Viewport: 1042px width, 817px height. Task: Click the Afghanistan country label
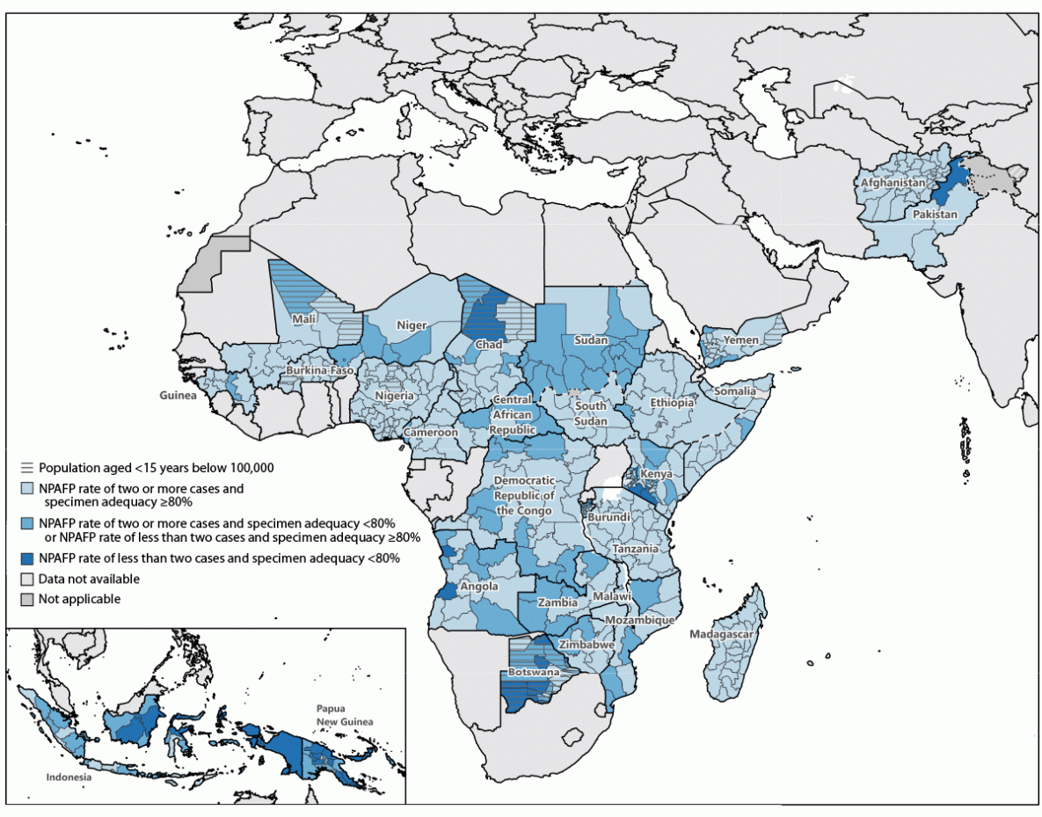[893, 183]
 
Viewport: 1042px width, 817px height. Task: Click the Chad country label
[489, 345]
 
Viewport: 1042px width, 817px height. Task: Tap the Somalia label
[734, 390]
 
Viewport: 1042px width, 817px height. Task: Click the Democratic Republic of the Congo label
[525, 495]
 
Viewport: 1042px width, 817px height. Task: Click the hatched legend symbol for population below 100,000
[28, 468]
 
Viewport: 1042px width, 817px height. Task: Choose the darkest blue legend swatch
[28, 558]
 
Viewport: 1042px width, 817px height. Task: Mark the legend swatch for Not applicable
[28, 599]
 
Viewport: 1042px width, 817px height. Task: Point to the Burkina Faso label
[319, 371]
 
